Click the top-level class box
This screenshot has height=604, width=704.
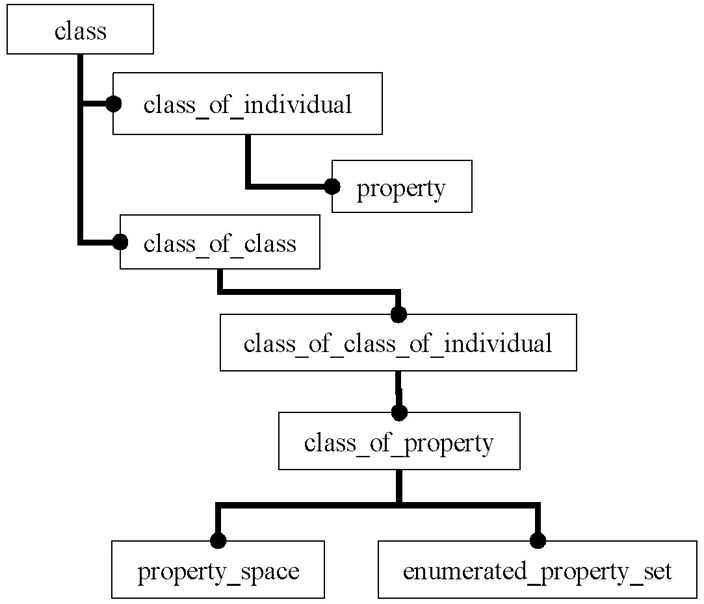pyautogui.click(x=81, y=30)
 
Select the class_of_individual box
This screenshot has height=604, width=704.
pyautogui.click(x=248, y=104)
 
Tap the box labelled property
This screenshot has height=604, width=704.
pyautogui.click(x=402, y=186)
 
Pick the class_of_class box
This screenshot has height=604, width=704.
pyautogui.click(x=220, y=242)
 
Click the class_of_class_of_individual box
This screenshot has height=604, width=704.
pyautogui.click(x=398, y=342)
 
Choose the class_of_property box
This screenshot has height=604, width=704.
pyautogui.click(x=399, y=441)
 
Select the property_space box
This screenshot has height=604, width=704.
pyautogui.click(x=218, y=570)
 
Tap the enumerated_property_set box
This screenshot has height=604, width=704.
pyautogui.click(x=538, y=570)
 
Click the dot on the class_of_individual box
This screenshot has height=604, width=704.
pyautogui.click(x=113, y=104)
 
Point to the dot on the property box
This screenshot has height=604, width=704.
pyautogui.click(x=332, y=186)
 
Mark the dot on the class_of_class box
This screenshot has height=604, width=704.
pyautogui.click(x=120, y=242)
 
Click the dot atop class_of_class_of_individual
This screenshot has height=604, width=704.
pyautogui.click(x=398, y=314)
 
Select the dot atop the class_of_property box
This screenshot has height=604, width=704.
pyautogui.click(x=399, y=412)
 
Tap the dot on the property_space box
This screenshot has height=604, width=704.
pyautogui.click(x=218, y=541)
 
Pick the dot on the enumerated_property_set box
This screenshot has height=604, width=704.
pyautogui.click(x=538, y=541)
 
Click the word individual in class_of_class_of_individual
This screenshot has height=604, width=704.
pyautogui.click(x=498, y=344)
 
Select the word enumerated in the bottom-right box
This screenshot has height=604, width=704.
pyautogui.click(x=465, y=572)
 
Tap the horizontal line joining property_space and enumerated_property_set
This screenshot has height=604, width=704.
pyautogui.click(x=378, y=505)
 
